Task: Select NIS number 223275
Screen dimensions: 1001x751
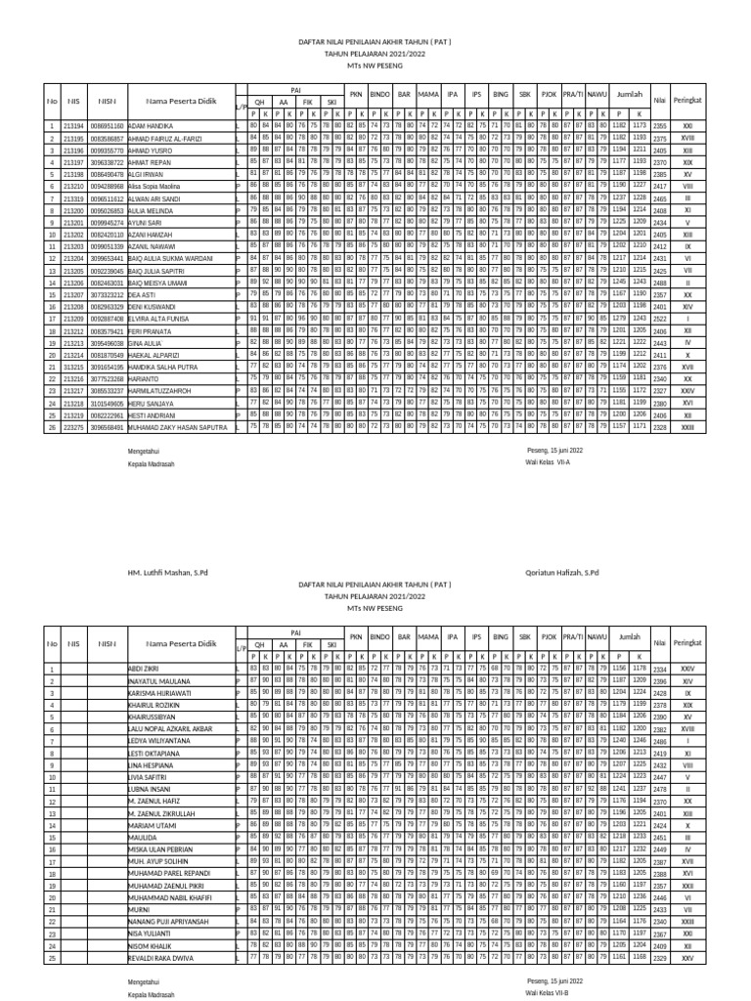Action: [x=73, y=427]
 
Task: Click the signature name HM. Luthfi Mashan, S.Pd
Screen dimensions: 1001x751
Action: [x=173, y=571]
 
